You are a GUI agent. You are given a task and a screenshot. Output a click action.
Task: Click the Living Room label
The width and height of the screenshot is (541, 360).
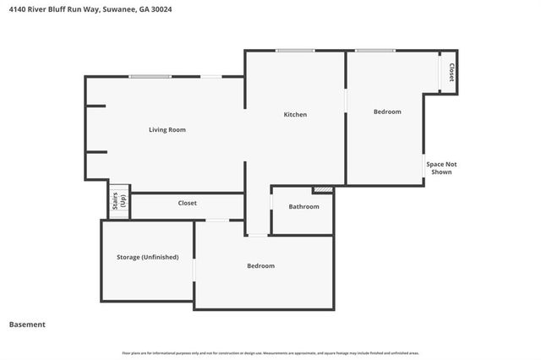pos(167,129)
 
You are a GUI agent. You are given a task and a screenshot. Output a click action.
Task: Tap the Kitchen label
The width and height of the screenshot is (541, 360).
pos(295,114)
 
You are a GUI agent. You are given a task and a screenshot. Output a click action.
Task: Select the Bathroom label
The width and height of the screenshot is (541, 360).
pos(303,206)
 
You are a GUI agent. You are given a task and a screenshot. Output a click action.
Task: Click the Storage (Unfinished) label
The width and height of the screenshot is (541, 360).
pos(147,257)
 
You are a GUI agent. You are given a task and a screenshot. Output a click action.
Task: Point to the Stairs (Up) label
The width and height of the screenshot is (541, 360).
pos(118,200)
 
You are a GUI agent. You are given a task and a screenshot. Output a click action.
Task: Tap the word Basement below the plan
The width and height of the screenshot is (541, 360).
pos(27,325)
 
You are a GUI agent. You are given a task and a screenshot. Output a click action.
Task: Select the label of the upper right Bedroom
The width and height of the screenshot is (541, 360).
pos(387,112)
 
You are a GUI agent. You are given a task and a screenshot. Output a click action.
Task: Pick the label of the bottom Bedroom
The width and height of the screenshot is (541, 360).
pos(260,265)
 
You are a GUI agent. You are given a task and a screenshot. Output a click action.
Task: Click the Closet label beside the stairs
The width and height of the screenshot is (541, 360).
pos(187,203)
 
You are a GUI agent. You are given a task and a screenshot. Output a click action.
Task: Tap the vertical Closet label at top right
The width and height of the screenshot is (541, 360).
pos(451,72)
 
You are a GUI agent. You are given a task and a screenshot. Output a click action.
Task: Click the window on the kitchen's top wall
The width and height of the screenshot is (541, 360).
pos(295,51)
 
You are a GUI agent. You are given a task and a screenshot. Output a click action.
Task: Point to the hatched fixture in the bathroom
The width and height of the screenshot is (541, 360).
pos(322,189)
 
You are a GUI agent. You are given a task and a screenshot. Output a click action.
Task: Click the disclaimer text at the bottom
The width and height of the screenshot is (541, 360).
pos(270,352)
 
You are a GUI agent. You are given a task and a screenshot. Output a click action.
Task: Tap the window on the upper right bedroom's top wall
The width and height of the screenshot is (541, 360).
pos(374,51)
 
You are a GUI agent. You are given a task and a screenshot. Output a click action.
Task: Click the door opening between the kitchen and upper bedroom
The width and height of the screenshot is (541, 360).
pos(346,99)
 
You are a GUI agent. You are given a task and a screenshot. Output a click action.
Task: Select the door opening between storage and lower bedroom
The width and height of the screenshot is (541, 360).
pos(194,267)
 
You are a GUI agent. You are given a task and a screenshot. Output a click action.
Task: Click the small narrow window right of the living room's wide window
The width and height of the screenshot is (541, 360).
pos(211,77)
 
